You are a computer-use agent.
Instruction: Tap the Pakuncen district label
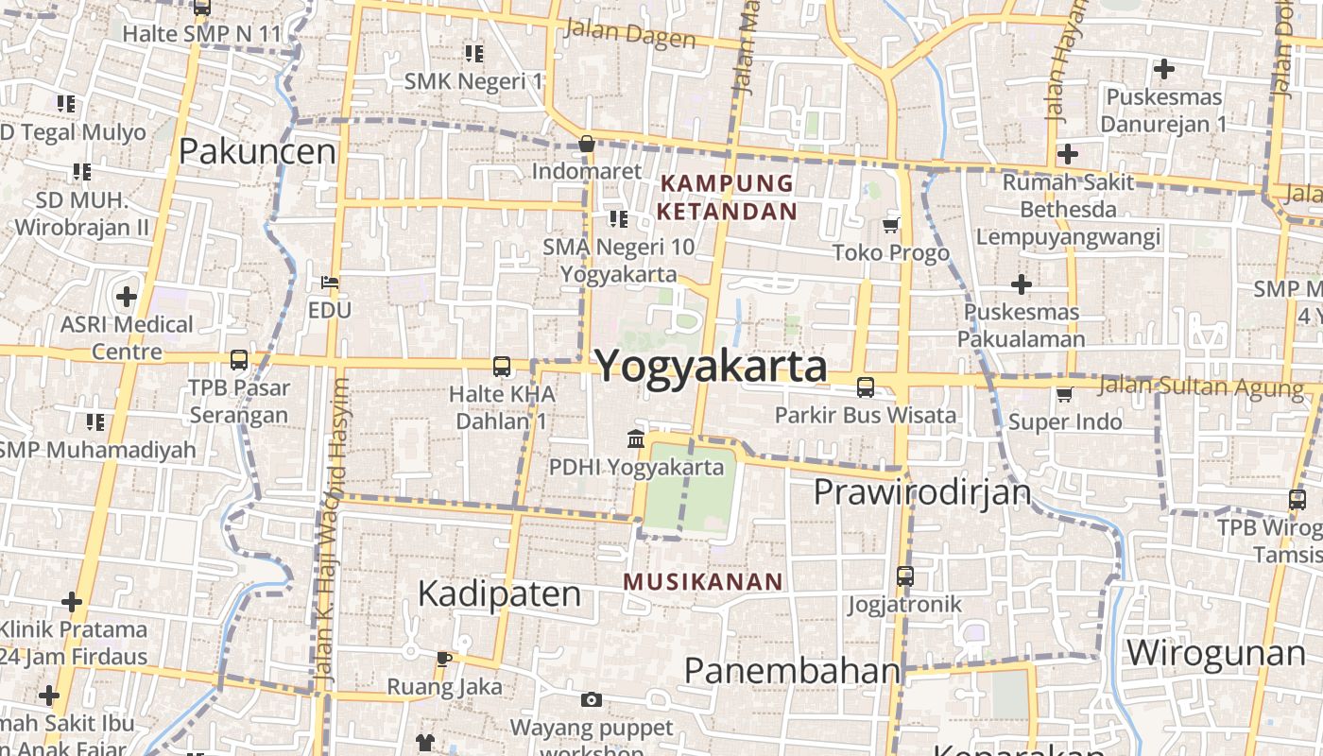pos(257,151)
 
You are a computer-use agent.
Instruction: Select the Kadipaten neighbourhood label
pos(499,593)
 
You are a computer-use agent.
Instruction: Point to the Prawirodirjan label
pos(921,492)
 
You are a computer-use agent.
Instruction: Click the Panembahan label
pos(792,670)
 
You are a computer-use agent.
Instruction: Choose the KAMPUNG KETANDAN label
pos(727,197)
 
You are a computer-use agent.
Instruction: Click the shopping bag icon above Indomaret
pos(587,145)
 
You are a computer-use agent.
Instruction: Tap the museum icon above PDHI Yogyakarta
pos(636,439)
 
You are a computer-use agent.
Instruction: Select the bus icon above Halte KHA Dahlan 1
pos(502,367)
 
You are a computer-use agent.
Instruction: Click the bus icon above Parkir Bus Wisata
pos(865,387)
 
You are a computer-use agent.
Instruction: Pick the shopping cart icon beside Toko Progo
pos(890,225)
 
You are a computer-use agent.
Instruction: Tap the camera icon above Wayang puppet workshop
pos(592,699)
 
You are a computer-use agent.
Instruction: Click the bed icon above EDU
pos(330,283)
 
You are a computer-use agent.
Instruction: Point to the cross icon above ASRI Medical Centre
pos(127,297)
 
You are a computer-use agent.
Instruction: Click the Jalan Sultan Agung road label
pos(1200,387)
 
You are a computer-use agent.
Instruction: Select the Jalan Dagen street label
pos(629,34)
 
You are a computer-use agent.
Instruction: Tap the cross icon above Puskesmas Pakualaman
pos(1021,283)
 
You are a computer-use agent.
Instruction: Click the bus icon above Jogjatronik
pos(904,576)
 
